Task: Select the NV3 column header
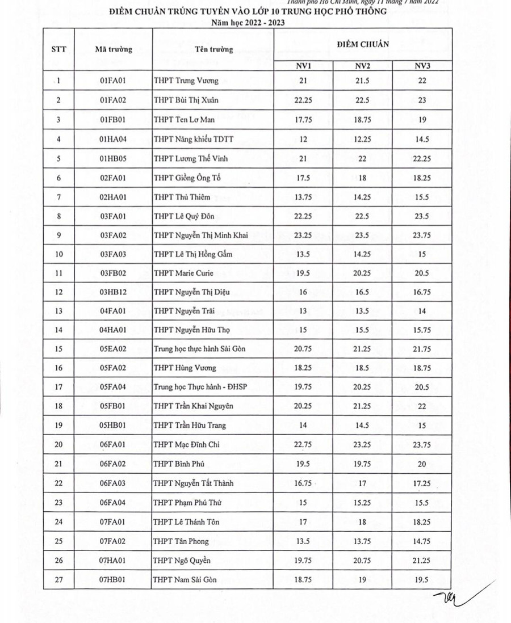422,66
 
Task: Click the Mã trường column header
113,49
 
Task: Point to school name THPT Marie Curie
183,273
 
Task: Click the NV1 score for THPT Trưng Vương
303,81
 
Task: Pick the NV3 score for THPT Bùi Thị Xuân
422,100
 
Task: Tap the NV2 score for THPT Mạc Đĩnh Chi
362,445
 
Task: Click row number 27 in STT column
58,579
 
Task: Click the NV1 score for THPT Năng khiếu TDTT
303,139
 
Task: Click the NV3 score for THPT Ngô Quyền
422,560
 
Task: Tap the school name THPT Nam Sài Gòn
185,579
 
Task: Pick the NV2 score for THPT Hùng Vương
362,368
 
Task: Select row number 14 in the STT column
58,330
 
